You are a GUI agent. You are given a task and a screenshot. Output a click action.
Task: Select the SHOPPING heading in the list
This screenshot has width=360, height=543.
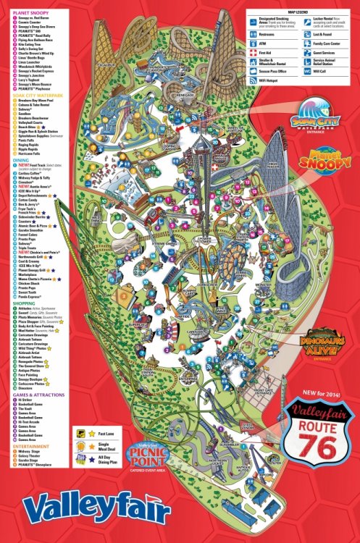22,303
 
